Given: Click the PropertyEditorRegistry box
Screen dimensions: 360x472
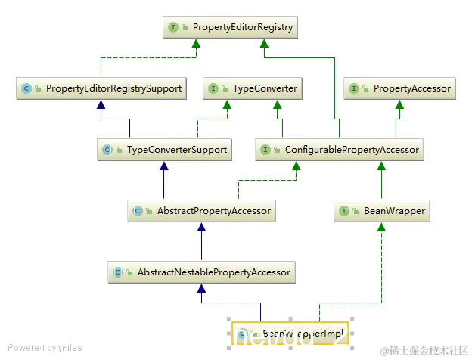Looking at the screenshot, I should [230, 28].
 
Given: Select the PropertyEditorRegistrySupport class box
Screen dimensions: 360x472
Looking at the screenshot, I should [101, 88].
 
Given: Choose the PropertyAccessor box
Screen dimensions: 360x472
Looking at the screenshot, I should [401, 88].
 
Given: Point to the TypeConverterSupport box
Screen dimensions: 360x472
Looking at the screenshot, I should [164, 150].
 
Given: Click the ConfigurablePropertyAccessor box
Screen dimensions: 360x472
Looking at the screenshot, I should [340, 150].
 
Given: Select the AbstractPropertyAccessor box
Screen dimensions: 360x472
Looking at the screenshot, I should [201, 211].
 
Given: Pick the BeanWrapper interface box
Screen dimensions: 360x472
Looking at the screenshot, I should [381, 211].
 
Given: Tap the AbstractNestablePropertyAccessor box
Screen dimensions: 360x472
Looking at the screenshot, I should [201, 272].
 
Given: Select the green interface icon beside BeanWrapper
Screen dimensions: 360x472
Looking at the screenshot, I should [345, 211].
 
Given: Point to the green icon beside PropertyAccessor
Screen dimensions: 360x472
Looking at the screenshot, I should [356, 88].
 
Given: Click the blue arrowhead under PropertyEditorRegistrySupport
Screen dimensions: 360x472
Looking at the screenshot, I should [101, 104].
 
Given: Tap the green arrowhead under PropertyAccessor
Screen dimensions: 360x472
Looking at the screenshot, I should [401, 104].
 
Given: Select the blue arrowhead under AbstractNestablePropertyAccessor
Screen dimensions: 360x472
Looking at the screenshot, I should [201, 287].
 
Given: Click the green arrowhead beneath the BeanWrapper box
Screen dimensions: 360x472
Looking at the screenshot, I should [381, 227].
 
